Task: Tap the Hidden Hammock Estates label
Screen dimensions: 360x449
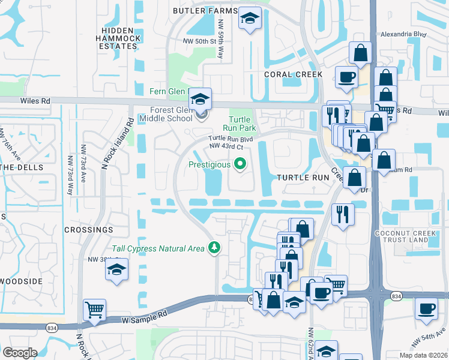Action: tap(121, 38)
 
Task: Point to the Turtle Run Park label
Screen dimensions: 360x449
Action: tap(243, 124)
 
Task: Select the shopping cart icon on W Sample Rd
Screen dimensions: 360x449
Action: tap(94, 310)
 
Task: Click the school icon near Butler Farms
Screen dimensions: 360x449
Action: tap(248, 19)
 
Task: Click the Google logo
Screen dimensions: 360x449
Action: tap(20, 353)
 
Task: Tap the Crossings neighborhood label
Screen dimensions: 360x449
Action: tap(89, 230)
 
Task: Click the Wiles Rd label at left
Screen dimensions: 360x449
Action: tap(34, 101)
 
